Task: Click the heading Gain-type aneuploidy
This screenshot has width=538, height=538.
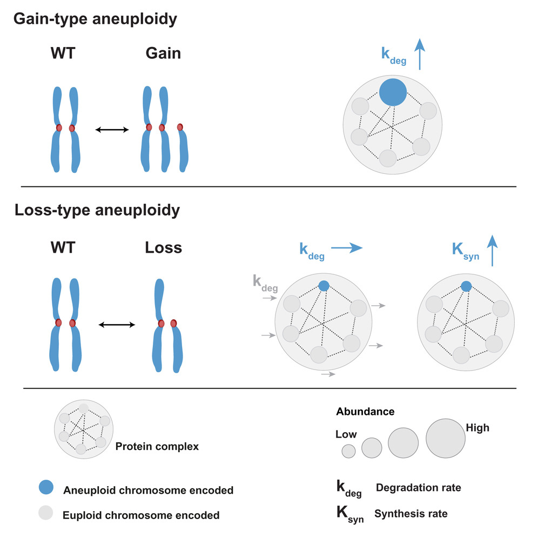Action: tap(95, 19)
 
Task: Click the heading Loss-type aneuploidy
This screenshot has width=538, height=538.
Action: tap(97, 210)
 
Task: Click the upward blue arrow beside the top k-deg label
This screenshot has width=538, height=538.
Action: tap(420, 56)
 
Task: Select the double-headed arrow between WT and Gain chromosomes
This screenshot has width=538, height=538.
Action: tap(112, 129)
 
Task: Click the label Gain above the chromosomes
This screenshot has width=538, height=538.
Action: tap(163, 54)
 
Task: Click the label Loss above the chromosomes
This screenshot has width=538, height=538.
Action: tap(163, 248)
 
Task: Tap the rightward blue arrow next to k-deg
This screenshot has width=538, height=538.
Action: tap(346, 248)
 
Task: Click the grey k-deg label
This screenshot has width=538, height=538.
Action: tap(265, 283)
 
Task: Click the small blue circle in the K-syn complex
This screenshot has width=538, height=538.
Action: tap(466, 286)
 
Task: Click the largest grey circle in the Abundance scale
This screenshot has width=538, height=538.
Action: tap(446, 438)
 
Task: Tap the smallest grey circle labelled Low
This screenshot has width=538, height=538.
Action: tap(348, 450)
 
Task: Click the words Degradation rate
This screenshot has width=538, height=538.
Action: tap(418, 488)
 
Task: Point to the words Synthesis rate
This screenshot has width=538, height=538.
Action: tap(411, 514)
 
